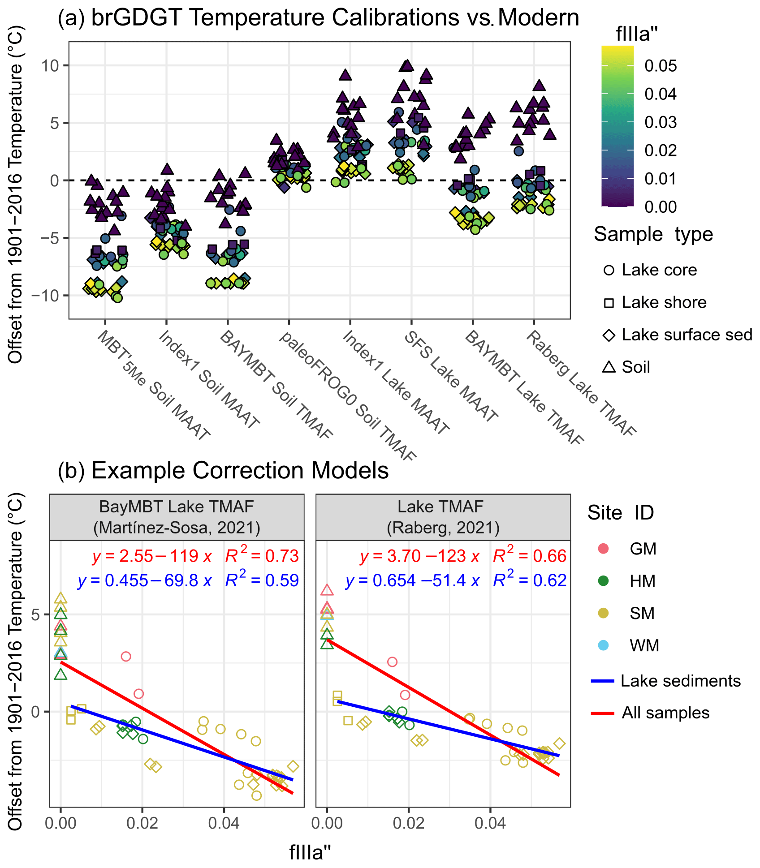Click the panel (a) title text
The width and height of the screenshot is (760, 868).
(x=318, y=18)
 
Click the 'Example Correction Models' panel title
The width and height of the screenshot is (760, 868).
(x=223, y=471)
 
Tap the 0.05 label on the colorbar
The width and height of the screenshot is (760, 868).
(x=660, y=66)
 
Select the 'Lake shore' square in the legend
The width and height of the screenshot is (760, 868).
(x=609, y=303)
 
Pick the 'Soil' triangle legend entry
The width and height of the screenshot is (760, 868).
(x=609, y=367)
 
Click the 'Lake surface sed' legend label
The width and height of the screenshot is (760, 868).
(x=687, y=335)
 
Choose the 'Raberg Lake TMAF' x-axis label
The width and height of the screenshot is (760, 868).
(x=580, y=383)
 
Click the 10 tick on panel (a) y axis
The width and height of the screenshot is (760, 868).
(x=50, y=66)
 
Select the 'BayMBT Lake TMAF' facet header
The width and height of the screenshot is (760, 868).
(x=177, y=517)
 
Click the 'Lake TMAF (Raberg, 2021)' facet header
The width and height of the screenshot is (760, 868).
(x=443, y=517)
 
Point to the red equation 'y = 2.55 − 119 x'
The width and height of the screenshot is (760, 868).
(x=152, y=556)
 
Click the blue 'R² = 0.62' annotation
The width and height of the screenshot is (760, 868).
(x=530, y=580)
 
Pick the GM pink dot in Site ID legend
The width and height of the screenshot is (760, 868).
(x=604, y=549)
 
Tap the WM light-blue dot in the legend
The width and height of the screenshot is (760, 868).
(x=604, y=645)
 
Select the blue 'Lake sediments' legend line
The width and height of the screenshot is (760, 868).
(x=603, y=681)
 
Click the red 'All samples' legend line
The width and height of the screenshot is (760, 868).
(x=603, y=713)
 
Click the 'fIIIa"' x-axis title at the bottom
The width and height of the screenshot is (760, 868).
(x=310, y=852)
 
